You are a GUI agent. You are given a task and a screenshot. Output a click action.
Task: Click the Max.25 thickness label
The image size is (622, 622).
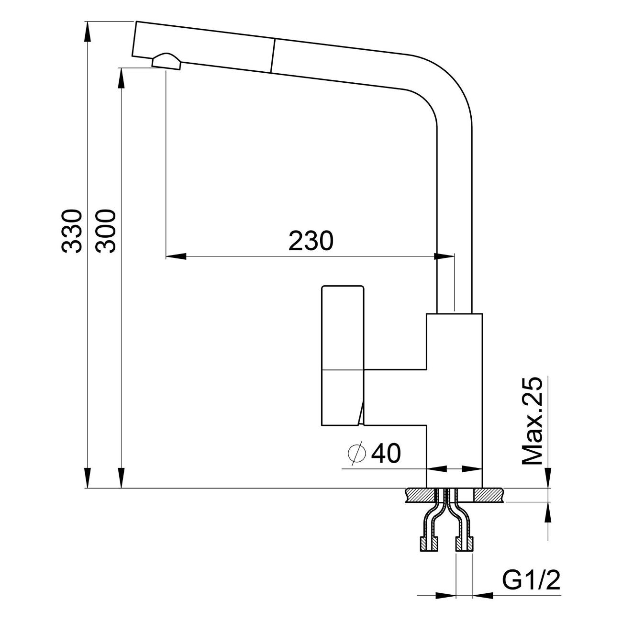tap(533, 421)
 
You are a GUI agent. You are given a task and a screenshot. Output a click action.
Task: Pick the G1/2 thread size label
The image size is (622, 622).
tap(531, 581)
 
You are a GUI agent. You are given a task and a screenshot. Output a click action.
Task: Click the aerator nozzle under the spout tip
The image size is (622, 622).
tap(167, 62)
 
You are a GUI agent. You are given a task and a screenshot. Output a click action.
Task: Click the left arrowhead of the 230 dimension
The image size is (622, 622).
tap(175, 257)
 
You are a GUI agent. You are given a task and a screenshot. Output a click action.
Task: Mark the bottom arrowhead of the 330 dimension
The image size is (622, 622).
tap(88, 478)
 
